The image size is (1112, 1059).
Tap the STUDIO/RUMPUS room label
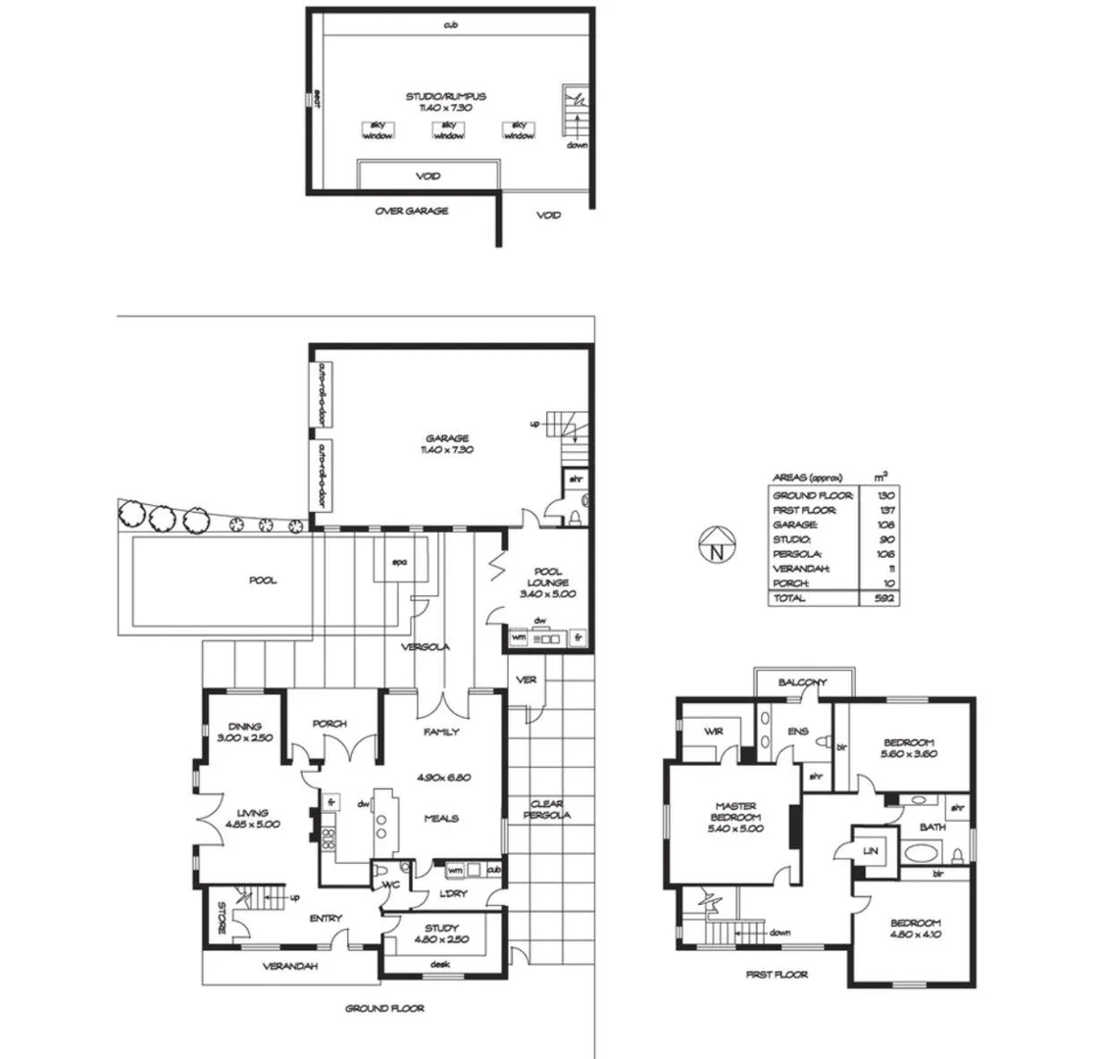(446, 102)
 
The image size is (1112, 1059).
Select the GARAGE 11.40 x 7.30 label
(446, 443)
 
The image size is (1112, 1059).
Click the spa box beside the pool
(399, 563)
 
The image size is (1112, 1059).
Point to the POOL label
(262, 580)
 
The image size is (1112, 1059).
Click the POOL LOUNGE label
(547, 582)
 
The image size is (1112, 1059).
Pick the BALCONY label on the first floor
(803, 682)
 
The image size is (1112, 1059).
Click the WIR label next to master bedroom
(713, 731)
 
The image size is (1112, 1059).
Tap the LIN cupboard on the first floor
(870, 851)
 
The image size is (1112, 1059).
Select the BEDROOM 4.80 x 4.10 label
(915, 930)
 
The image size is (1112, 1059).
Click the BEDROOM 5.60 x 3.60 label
(908, 748)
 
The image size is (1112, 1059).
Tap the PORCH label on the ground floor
(329, 725)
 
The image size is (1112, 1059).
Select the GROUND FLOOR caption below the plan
(384, 1008)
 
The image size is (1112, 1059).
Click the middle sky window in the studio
(448, 130)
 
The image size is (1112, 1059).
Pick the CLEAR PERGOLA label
(547, 809)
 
